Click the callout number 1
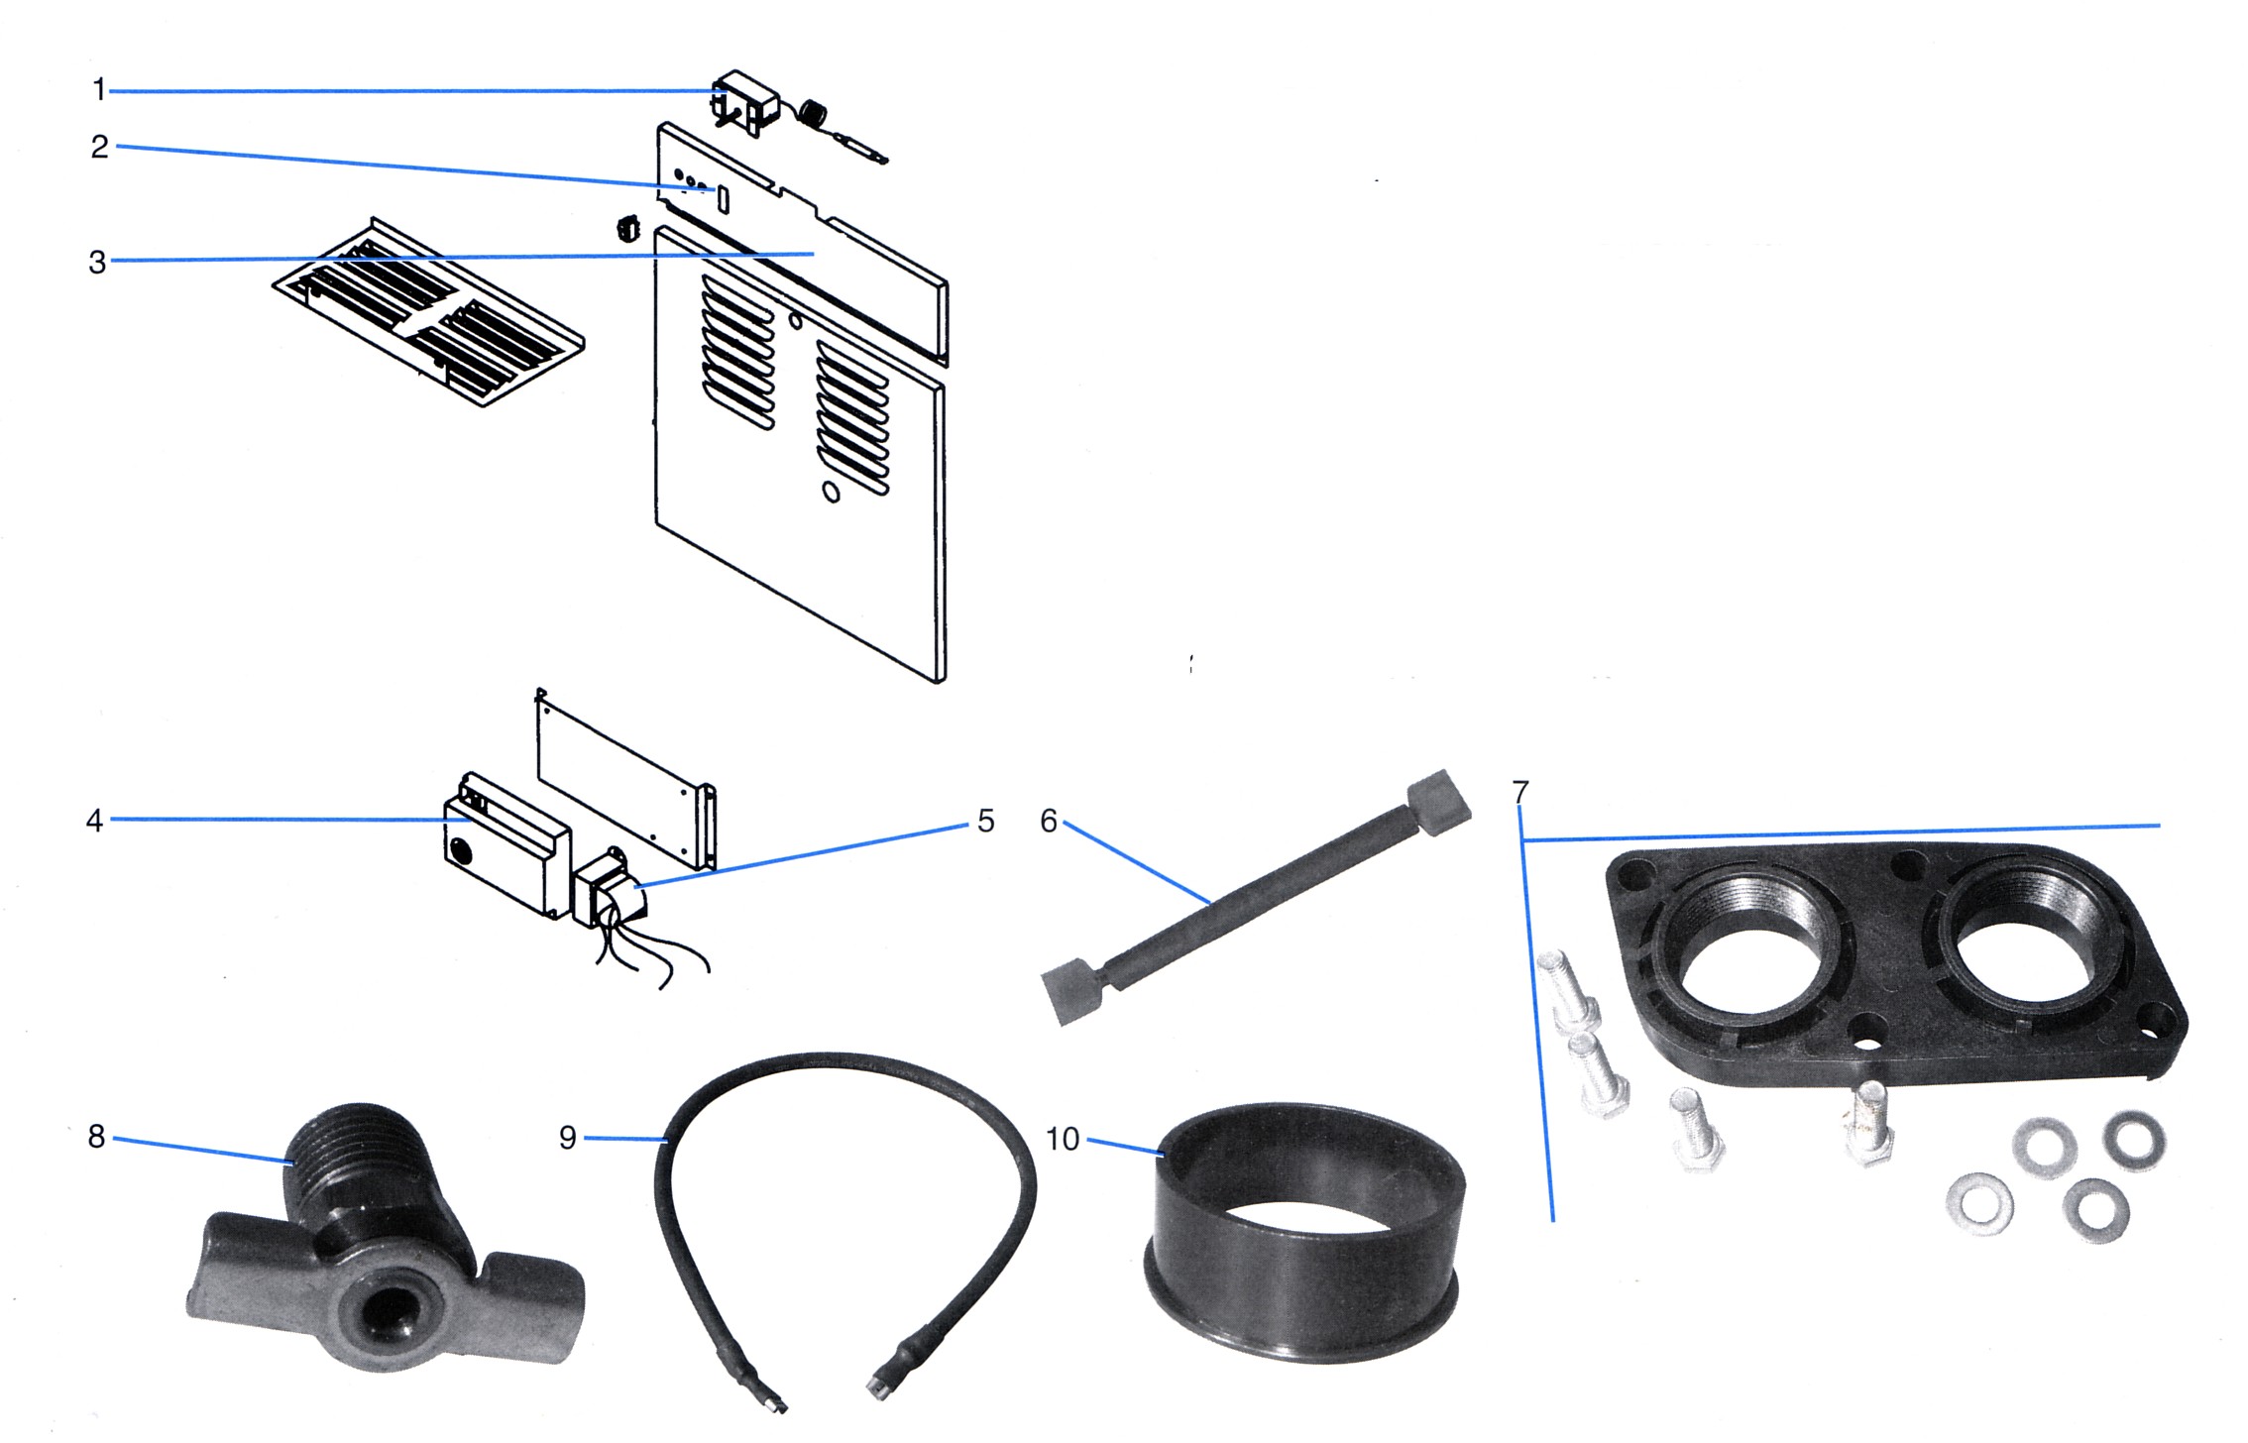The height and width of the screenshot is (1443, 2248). pos(99,90)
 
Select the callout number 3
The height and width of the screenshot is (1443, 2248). pos(97,263)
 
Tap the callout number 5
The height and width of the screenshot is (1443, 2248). pos(985,821)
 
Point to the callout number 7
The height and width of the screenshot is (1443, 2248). pos(1520,792)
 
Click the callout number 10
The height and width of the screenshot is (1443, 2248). pos(1063,1139)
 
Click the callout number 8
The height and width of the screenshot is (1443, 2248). pos(96,1137)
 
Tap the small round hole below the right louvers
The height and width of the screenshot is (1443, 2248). pos(832,492)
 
